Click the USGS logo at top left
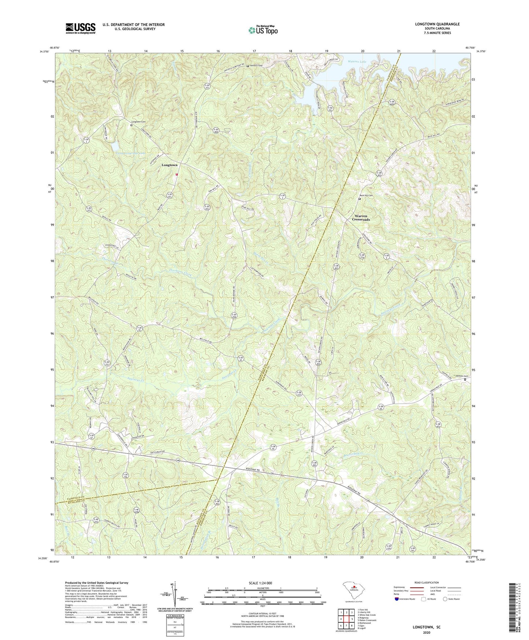pos(81,28)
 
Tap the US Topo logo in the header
pos(262,30)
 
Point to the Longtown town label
pos(169,165)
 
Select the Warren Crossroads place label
pos(361,218)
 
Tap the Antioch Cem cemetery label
pos(256,66)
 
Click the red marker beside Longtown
pos(176,174)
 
